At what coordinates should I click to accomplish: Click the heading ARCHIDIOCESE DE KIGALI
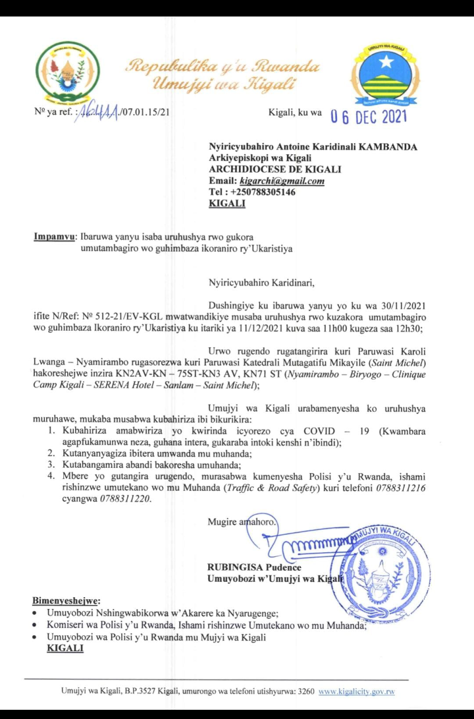(265, 169)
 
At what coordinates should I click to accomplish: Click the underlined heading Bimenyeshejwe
(66, 600)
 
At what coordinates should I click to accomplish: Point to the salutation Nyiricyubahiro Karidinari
(261, 285)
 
